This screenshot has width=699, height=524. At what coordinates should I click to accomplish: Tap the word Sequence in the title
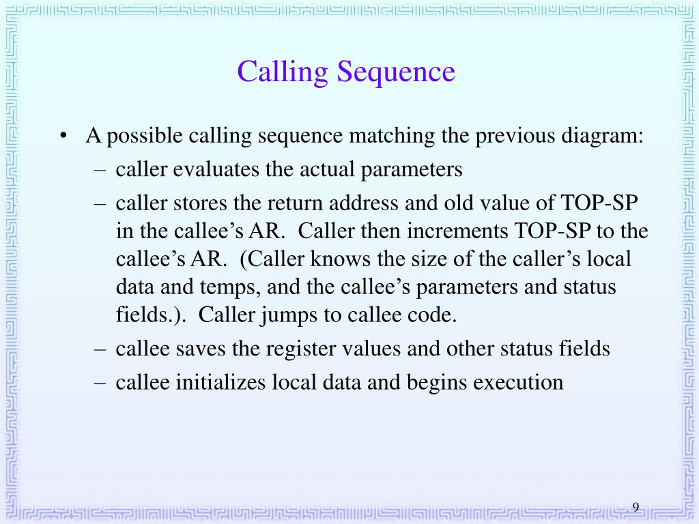395,72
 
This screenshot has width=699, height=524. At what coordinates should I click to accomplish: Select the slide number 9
636,508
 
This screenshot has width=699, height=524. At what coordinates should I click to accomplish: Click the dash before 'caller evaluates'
100,169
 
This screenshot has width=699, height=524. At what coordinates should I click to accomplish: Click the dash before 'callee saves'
100,349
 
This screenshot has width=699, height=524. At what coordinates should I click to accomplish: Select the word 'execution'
519,382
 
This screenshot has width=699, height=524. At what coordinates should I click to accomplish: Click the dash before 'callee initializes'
100,382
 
